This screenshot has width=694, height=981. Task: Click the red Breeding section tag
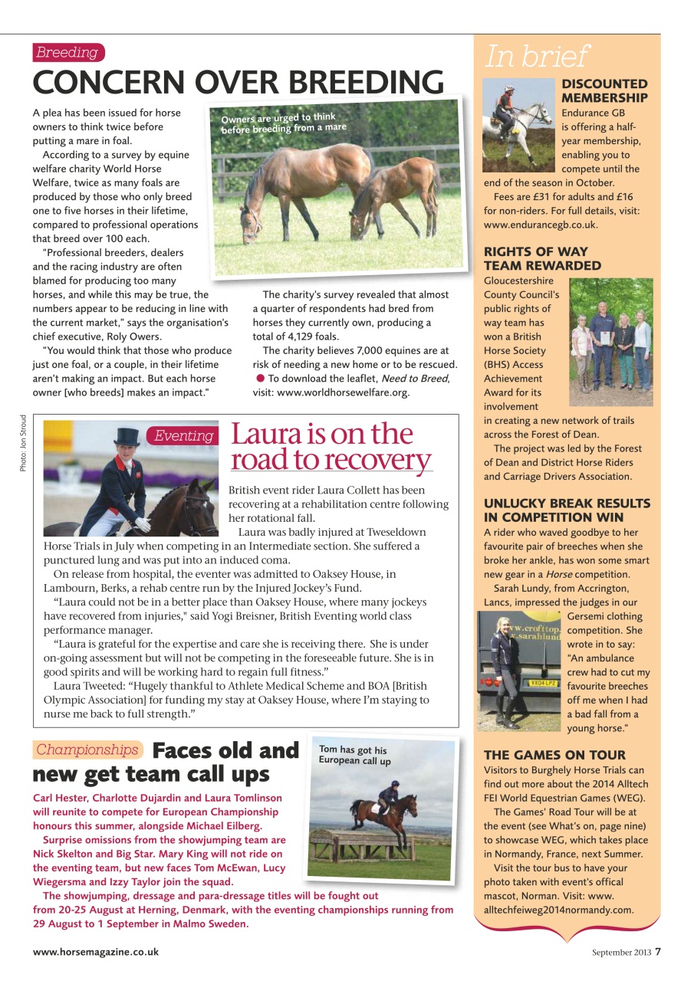[x=67, y=52]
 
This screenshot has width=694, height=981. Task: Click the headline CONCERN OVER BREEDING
[x=238, y=82]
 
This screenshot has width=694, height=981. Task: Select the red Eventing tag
[x=183, y=435]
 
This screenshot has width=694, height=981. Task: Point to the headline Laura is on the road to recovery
[x=331, y=447]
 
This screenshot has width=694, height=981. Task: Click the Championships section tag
[x=87, y=750]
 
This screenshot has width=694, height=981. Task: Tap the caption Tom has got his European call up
[x=355, y=755]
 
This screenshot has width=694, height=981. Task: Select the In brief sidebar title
[x=536, y=56]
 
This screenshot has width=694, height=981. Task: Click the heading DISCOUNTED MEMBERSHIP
[x=604, y=90]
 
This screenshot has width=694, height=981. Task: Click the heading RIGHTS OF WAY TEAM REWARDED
[x=542, y=258]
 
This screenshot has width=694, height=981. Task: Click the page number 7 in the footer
[x=658, y=951]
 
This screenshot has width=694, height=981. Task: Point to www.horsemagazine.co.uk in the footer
[x=95, y=951]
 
